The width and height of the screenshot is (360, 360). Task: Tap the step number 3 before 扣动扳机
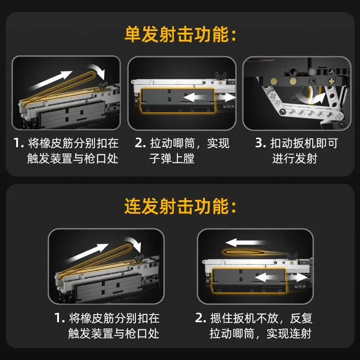click(x=261, y=143)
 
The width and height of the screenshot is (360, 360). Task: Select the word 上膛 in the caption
click(x=183, y=158)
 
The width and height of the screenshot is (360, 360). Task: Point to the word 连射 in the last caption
click(x=300, y=333)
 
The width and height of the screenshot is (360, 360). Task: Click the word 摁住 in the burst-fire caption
click(x=221, y=318)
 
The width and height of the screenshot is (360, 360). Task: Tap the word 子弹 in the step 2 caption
click(x=161, y=158)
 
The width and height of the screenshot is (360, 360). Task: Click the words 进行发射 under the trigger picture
click(x=295, y=158)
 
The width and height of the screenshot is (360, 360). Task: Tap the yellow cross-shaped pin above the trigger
click(x=331, y=81)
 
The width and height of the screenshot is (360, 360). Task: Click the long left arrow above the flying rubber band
click(x=246, y=243)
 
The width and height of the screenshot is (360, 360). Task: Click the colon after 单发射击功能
click(x=234, y=36)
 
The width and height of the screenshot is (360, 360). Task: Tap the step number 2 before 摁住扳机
click(x=200, y=318)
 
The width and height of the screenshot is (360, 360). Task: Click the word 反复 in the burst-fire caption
click(x=301, y=318)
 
